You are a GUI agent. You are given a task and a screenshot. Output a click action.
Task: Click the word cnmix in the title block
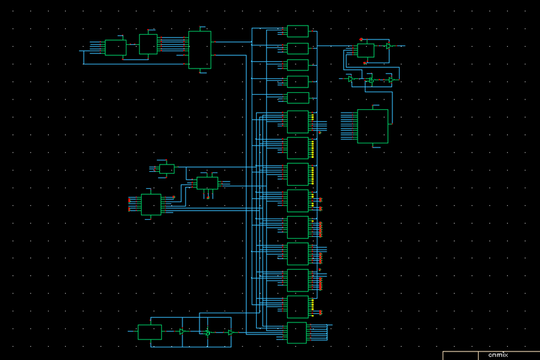pyautogui.click(x=498, y=355)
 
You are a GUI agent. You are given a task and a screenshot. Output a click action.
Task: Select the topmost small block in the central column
pyautogui.click(x=298, y=31)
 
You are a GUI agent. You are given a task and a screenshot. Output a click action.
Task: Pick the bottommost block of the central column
pyautogui.click(x=297, y=333)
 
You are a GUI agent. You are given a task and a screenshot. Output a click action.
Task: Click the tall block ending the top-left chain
pyautogui.click(x=200, y=49)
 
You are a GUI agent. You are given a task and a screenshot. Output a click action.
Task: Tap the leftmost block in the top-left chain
pyautogui.click(x=115, y=47)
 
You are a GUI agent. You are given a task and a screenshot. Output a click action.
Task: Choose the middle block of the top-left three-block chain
pyautogui.click(x=148, y=44)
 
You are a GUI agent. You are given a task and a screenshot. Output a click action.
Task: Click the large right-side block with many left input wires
pyautogui.click(x=372, y=126)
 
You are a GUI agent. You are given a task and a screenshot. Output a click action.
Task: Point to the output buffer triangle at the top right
pyautogui.click(x=389, y=46)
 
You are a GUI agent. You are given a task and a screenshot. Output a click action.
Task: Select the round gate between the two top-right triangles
pyautogui.click(x=371, y=80)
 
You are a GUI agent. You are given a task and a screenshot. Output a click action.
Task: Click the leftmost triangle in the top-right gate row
pyautogui.click(x=351, y=80)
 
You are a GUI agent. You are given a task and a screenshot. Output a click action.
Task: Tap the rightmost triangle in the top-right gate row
pyautogui.click(x=391, y=80)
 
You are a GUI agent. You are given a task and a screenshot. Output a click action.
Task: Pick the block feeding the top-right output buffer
pyautogui.click(x=365, y=51)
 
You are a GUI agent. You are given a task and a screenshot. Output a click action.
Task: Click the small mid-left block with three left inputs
pyautogui.click(x=167, y=168)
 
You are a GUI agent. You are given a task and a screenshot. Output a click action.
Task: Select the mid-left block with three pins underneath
pyautogui.click(x=207, y=183)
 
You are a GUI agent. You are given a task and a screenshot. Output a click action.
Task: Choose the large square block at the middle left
pyautogui.click(x=151, y=204)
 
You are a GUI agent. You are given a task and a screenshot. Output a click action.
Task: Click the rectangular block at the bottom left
pyautogui.click(x=149, y=332)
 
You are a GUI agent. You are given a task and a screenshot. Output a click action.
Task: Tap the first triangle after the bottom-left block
pyautogui.click(x=182, y=332)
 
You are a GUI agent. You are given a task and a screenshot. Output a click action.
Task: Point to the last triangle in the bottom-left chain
pyautogui.click(x=230, y=332)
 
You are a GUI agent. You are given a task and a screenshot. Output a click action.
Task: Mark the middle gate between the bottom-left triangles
pyautogui.click(x=207, y=332)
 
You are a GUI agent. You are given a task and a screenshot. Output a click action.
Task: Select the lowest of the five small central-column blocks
pyautogui.click(x=298, y=98)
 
